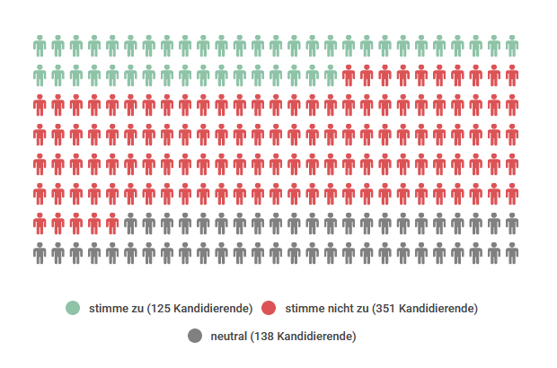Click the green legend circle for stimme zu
pyautogui.click(x=73, y=308)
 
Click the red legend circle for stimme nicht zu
pyautogui.click(x=269, y=308)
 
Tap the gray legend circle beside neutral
pyautogui.click(x=195, y=336)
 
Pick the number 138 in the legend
pyautogui.click(x=263, y=336)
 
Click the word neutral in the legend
pyautogui.click(x=228, y=336)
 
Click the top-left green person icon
pyautogui.click(x=40, y=45)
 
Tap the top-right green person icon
pyautogui.click(x=511, y=45)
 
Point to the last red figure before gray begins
pyautogui.click(x=112, y=223)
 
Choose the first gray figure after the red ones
pyautogui.click(x=130, y=223)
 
